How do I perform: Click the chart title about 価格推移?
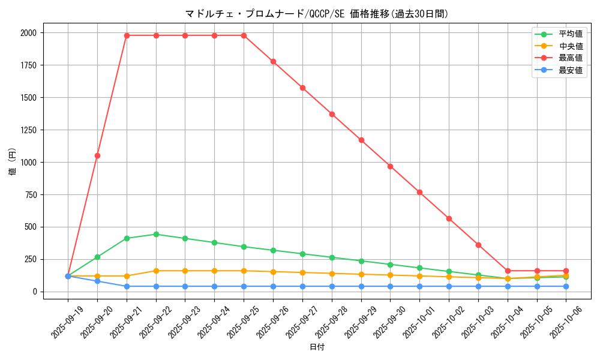click(316, 14)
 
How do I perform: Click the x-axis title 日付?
click(317, 347)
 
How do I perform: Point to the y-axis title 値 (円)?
click(13, 162)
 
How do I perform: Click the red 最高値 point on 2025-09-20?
click(97, 155)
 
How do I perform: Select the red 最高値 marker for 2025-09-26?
click(273, 61)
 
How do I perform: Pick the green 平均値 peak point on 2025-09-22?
click(156, 234)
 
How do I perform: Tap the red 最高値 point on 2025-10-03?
click(478, 245)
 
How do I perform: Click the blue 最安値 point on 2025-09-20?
click(97, 281)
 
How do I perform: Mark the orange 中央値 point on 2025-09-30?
click(390, 275)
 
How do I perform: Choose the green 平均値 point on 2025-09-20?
click(97, 257)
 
